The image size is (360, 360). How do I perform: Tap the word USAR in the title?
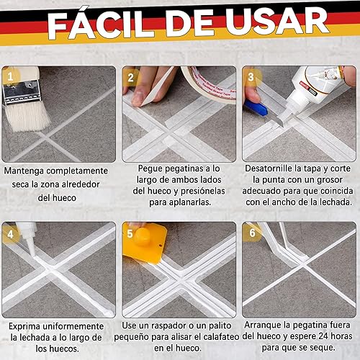[276, 21]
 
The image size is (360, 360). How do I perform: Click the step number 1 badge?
[10, 77]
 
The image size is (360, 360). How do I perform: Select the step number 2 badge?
[131, 78]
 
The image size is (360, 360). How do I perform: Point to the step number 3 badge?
[251, 77]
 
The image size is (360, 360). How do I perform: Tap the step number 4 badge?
[10, 234]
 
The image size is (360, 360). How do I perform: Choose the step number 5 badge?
[130, 234]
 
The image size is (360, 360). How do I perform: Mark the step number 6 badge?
[252, 233]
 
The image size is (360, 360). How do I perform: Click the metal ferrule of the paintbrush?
[21, 92]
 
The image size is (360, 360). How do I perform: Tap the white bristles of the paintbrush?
[27, 117]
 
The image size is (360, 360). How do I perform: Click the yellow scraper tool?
[145, 243]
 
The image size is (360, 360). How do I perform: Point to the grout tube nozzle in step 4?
[31, 246]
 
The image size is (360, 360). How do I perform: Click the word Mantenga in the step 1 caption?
[24, 171]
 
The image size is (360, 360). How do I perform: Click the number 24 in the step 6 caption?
[323, 336]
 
